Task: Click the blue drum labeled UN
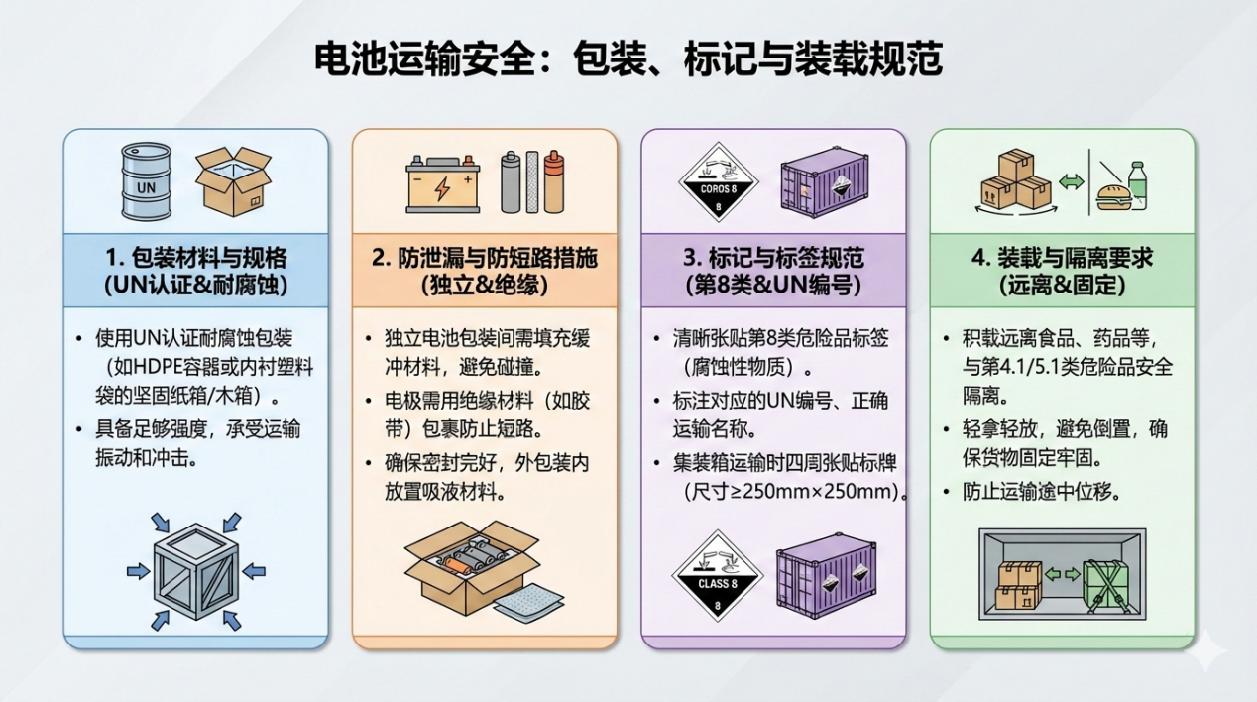pyautogui.click(x=146, y=181)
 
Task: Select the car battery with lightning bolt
pyautogui.click(x=442, y=184)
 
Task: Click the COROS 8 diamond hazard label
pyautogui.click(x=718, y=182)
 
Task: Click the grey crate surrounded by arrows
pyautogui.click(x=196, y=570)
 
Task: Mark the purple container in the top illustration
pyautogui.click(x=822, y=182)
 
